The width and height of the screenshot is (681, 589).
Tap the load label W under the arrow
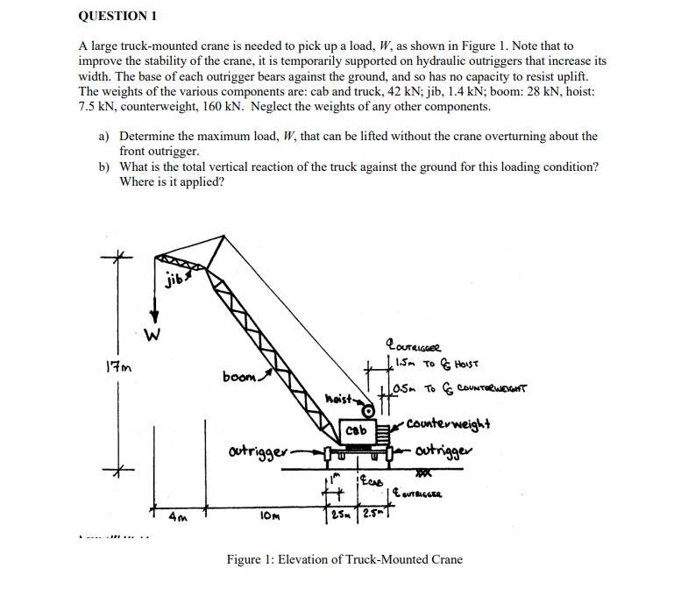[154, 334]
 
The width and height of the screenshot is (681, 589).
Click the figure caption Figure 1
[344, 559]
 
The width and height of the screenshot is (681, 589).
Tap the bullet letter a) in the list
[103, 137]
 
